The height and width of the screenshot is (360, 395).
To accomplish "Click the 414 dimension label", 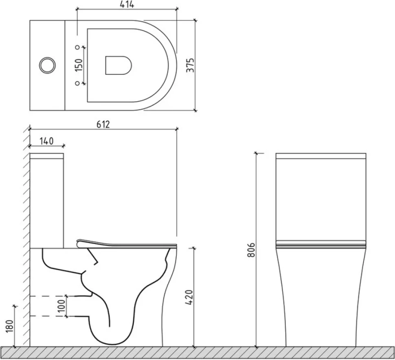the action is click(x=127, y=4).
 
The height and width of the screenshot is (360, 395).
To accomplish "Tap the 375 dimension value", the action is click(x=191, y=65).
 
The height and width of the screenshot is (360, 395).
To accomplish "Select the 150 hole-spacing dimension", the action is click(x=79, y=65).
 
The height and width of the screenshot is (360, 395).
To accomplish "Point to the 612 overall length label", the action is click(x=103, y=124).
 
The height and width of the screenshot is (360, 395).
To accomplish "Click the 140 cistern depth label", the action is click(x=46, y=141).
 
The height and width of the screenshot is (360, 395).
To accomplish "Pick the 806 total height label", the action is click(x=251, y=250).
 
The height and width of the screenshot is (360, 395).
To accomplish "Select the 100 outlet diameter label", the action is click(x=62, y=305).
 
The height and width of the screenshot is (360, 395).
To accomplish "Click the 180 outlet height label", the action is click(x=9, y=327).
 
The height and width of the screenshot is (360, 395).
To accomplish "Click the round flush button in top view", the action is click(x=47, y=65).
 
